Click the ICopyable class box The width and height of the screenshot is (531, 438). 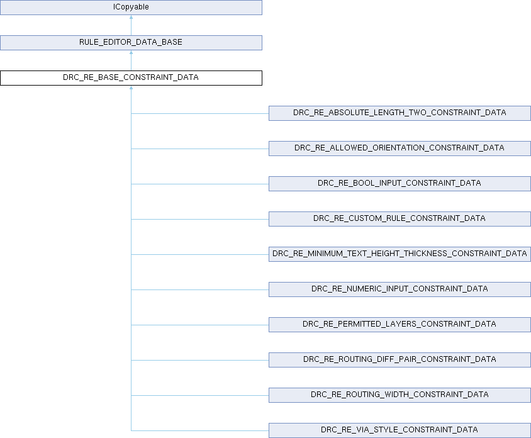point(131,8)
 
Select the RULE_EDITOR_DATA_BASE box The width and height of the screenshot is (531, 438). point(131,43)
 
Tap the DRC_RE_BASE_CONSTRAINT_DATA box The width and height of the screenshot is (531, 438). point(131,78)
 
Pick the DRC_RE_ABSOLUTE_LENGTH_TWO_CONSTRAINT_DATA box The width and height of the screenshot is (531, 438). point(400,113)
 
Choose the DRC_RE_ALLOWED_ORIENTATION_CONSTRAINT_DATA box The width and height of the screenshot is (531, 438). point(400,149)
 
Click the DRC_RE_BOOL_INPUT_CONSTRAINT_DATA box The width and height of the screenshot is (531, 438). point(400,184)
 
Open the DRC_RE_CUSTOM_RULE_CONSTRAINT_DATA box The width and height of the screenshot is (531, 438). point(400,219)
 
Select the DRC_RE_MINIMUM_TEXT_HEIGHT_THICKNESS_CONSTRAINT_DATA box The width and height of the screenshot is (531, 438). point(400,254)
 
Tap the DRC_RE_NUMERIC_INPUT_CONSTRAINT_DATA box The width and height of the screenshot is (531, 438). point(400,289)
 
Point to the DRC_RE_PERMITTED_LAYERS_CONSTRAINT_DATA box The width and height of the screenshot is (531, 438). point(400,325)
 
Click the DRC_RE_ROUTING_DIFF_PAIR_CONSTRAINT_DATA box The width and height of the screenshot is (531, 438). point(400,360)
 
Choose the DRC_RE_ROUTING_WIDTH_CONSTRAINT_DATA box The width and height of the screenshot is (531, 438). point(400,395)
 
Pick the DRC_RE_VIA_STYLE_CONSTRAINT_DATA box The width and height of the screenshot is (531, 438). point(400,430)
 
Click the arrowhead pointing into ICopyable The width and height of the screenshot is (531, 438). point(131,18)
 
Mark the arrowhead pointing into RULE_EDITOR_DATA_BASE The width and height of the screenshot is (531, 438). point(131,53)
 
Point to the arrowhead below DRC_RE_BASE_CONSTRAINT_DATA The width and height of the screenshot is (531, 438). point(131,89)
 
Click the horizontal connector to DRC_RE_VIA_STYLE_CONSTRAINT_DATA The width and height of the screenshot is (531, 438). point(199,430)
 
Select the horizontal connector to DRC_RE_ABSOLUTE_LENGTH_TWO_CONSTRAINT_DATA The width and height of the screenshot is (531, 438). point(199,113)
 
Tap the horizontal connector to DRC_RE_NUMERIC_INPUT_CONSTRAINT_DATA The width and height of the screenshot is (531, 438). point(199,289)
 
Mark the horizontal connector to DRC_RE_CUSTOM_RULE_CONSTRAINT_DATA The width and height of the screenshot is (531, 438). point(199,219)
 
